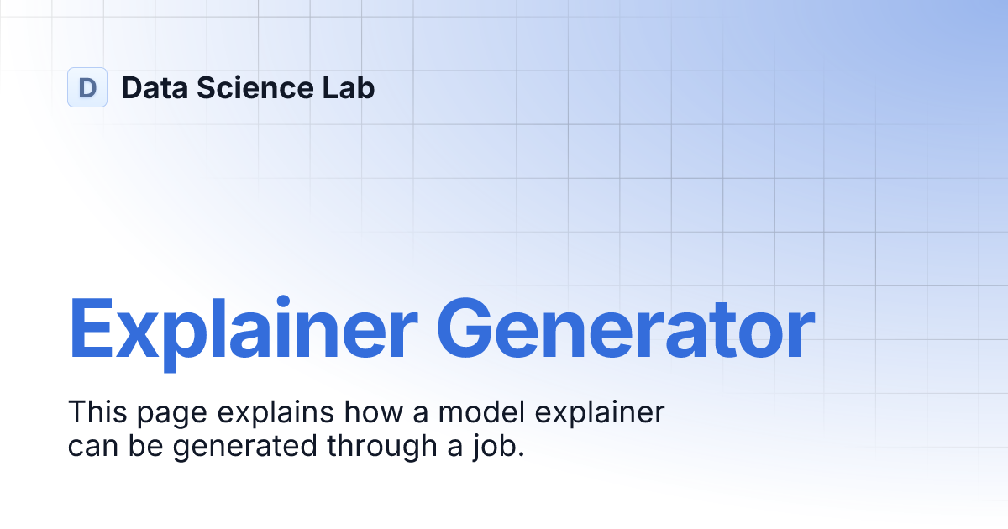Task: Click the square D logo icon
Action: tap(87, 87)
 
